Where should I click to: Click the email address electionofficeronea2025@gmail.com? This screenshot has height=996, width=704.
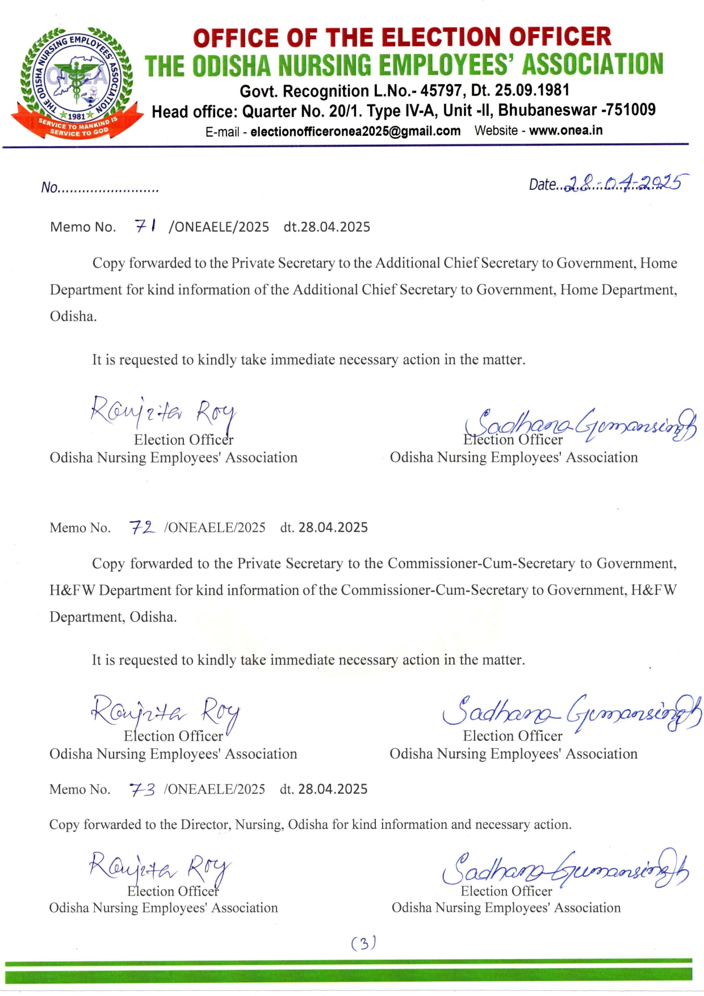tap(355, 131)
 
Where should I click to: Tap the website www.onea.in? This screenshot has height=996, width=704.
tap(565, 131)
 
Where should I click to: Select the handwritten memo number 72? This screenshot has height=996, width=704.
tap(141, 527)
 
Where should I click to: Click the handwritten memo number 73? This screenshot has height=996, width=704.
tap(142, 789)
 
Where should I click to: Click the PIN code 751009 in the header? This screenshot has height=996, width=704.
tap(630, 110)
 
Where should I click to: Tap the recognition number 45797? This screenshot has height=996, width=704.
tap(441, 90)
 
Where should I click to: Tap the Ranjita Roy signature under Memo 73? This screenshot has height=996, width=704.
tap(160, 868)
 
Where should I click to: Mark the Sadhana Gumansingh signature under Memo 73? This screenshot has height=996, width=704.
tap(565, 868)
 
